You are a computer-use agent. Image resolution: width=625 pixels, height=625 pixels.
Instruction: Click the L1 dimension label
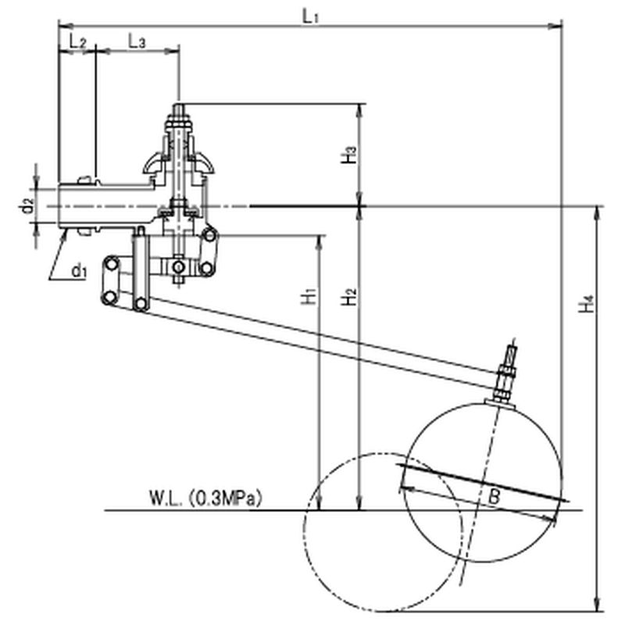pyautogui.click(x=310, y=16)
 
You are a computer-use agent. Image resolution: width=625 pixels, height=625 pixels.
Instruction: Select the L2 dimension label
pyautogui.click(x=77, y=41)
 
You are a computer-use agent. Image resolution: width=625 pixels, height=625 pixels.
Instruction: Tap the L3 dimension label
pyautogui.click(x=137, y=41)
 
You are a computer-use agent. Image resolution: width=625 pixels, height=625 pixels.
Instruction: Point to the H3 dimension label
pyautogui.click(x=348, y=155)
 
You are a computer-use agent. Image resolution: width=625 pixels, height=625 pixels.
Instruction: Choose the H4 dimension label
pyautogui.click(x=587, y=304)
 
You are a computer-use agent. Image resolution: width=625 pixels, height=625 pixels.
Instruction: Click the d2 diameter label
pyautogui.click(x=27, y=206)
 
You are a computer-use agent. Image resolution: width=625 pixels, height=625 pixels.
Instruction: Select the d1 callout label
pyautogui.click(x=80, y=271)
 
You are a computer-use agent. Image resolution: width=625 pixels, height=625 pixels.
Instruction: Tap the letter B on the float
pyautogui.click(x=494, y=497)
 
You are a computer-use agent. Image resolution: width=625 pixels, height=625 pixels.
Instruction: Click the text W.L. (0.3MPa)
pyautogui.click(x=205, y=498)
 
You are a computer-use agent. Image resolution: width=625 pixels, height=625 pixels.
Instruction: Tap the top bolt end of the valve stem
pyautogui.click(x=178, y=109)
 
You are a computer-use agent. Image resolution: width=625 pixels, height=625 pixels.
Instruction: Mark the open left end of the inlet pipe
pyautogui.click(x=59, y=206)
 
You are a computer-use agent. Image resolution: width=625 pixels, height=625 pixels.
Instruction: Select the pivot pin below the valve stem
pyautogui.click(x=178, y=267)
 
